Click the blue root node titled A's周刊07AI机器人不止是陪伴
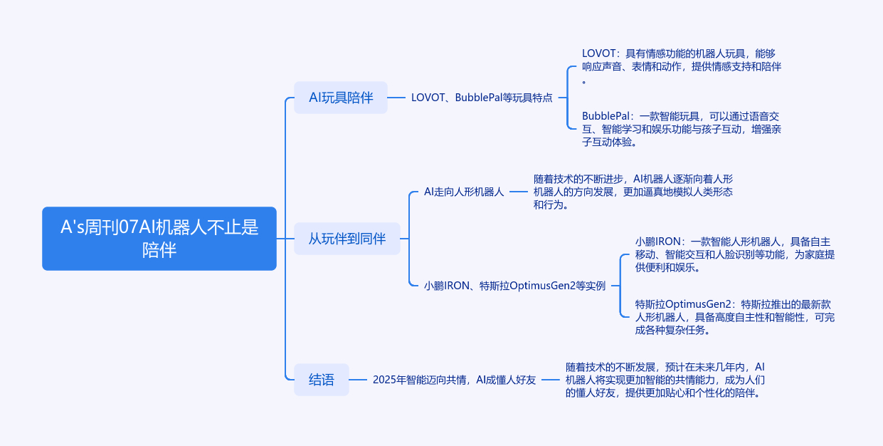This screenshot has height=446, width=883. pyautogui.click(x=159, y=238)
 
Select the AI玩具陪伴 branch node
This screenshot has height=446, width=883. pyautogui.click(x=341, y=98)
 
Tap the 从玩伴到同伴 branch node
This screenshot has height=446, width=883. pyautogui.click(x=347, y=239)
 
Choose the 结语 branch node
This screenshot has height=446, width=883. pyautogui.click(x=322, y=380)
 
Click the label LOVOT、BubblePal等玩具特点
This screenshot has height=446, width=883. pyautogui.click(x=482, y=98)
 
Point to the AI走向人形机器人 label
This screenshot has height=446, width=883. pyautogui.click(x=464, y=192)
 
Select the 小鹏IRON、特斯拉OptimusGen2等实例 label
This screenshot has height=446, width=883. pyautogui.click(x=514, y=286)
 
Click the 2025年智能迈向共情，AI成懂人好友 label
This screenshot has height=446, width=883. pyautogui.click(x=455, y=380)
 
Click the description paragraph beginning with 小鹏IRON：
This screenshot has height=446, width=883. pyautogui.click(x=734, y=254)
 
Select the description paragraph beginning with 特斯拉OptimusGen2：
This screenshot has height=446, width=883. pyautogui.click(x=734, y=317)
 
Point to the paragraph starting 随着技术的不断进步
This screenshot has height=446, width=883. pyautogui.click(x=633, y=192)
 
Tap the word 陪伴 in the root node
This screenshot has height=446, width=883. pyautogui.click(x=159, y=250)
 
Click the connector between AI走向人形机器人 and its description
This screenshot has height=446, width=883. pyautogui.click(x=519, y=192)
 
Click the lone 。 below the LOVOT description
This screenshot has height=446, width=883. pyautogui.click(x=585, y=81)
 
